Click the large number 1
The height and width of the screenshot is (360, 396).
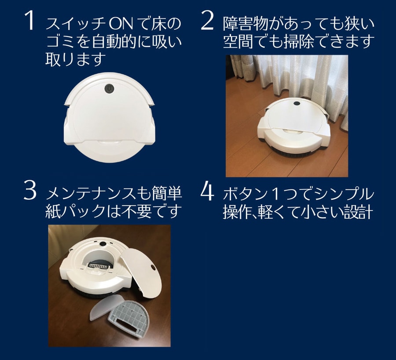(29, 21)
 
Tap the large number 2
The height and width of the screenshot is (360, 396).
(207, 21)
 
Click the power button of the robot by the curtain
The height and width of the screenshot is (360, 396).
(297, 103)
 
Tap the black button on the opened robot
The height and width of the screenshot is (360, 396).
(103, 244)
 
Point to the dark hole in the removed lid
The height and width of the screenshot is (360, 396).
(153, 267)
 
